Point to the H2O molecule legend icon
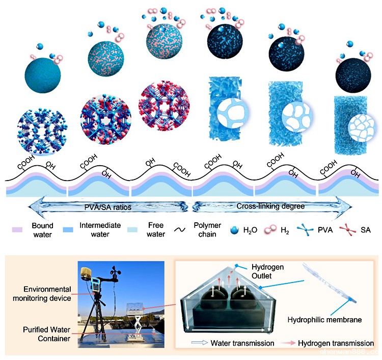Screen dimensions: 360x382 coord(236,230)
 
